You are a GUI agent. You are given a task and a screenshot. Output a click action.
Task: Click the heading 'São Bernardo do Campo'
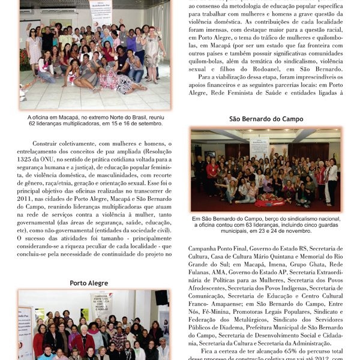[266, 119]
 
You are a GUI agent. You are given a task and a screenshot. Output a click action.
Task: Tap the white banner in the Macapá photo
[100, 12]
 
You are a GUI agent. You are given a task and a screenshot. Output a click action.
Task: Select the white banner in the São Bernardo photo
[259, 146]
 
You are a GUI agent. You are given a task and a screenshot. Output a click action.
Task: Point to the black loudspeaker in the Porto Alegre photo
[161, 298]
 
